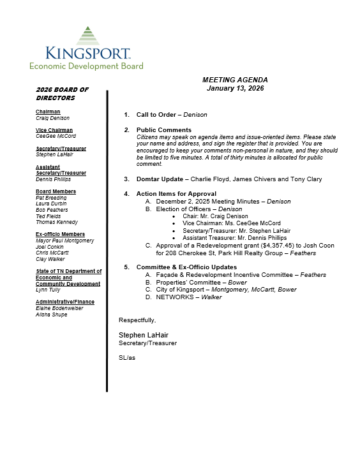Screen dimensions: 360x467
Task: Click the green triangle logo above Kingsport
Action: point(88,36)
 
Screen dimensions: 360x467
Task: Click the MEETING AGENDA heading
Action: point(235,80)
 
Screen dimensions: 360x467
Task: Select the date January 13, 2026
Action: point(235,88)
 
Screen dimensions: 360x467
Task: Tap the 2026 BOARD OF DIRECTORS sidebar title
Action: point(62,94)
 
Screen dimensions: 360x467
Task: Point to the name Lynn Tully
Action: point(49,290)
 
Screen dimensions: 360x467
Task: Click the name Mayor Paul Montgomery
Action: point(64,241)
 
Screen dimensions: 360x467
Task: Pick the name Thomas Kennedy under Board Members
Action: point(57,223)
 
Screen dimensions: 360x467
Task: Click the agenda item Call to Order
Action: point(158,115)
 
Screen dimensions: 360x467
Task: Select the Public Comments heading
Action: point(163,130)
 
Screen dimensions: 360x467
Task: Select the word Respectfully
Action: point(137,320)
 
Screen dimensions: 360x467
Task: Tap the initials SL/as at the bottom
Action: point(127,358)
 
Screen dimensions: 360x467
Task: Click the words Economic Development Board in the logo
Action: point(86,66)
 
